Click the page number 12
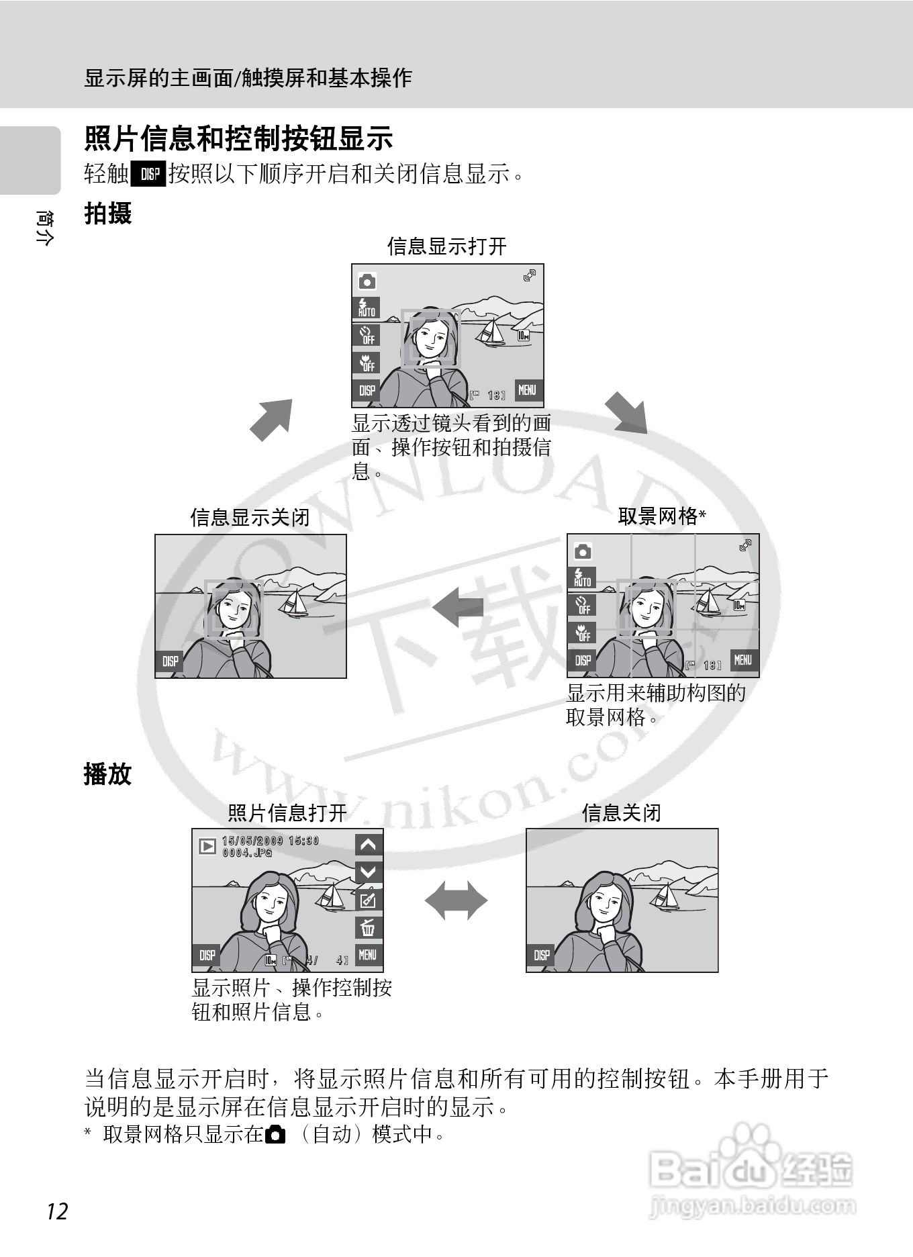pyautogui.click(x=58, y=1211)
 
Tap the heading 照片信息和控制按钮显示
pyautogui.click(x=238, y=138)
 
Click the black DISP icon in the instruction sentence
pyautogui.click(x=149, y=174)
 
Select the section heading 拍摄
pyautogui.click(x=107, y=214)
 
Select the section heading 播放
pyautogui.click(x=107, y=774)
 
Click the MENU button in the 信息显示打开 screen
pyautogui.click(x=528, y=390)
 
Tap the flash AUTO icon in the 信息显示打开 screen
pyautogui.click(x=367, y=308)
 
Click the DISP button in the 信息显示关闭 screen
pyautogui.click(x=171, y=661)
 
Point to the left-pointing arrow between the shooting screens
pyautogui.click(x=459, y=606)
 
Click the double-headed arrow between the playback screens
pyautogui.click(x=456, y=900)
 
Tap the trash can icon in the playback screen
pyautogui.click(x=368, y=928)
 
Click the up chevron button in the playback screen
pyautogui.click(x=368, y=845)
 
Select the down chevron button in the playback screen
pyautogui.click(x=368, y=872)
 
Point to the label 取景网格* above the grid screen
pyautogui.click(x=661, y=516)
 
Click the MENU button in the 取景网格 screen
pyautogui.click(x=742, y=660)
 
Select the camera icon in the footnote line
pyautogui.click(x=275, y=1135)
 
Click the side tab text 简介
pyautogui.click(x=44, y=228)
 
